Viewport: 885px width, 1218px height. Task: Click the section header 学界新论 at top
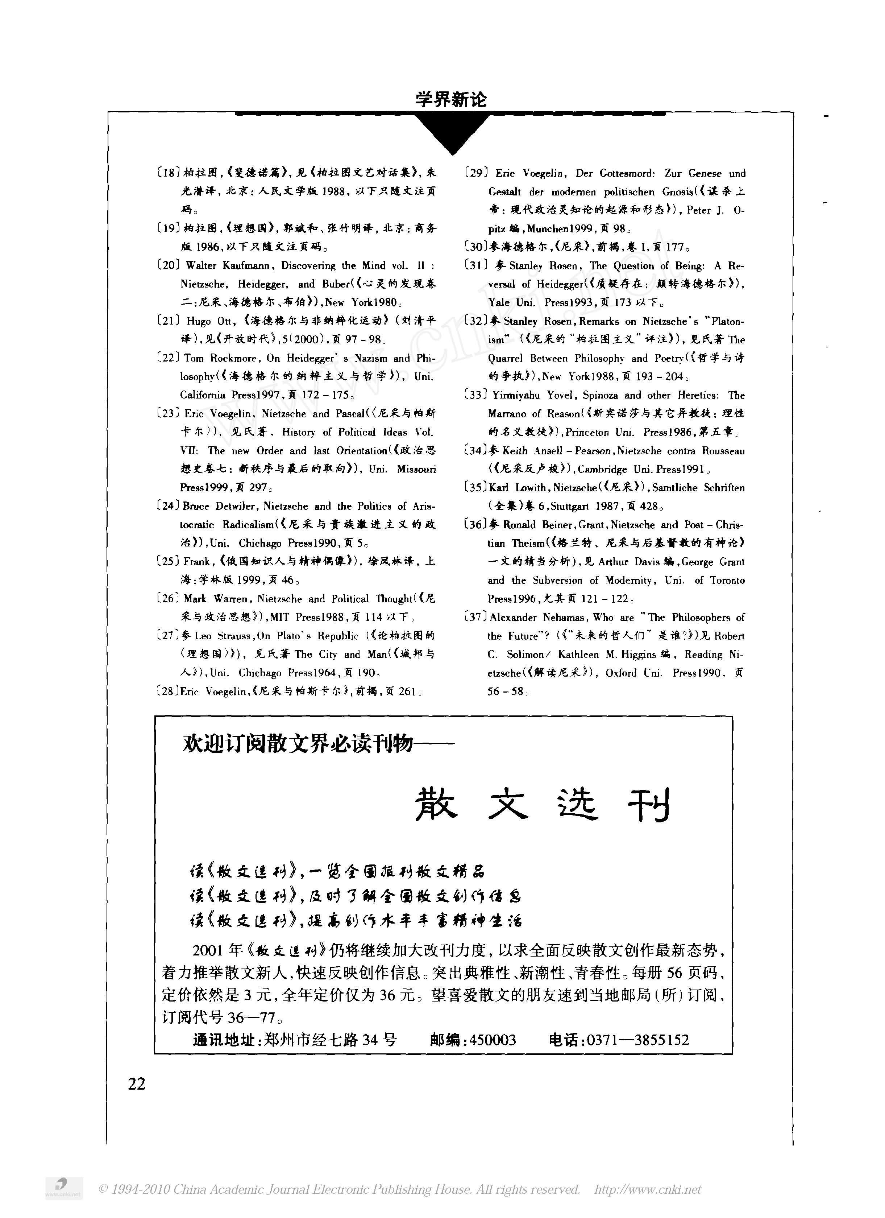451,99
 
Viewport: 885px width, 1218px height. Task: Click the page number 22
137,1083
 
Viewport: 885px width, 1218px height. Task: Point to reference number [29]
477,173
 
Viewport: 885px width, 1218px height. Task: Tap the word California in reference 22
203,395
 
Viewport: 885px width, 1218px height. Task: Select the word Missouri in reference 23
416,469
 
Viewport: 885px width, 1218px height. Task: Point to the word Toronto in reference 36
727,580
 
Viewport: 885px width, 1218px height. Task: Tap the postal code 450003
492,1040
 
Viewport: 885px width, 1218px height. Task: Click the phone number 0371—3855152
637,1040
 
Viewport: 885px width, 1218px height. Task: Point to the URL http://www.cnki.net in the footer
648,1189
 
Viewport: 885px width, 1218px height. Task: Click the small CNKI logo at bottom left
63,1188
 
